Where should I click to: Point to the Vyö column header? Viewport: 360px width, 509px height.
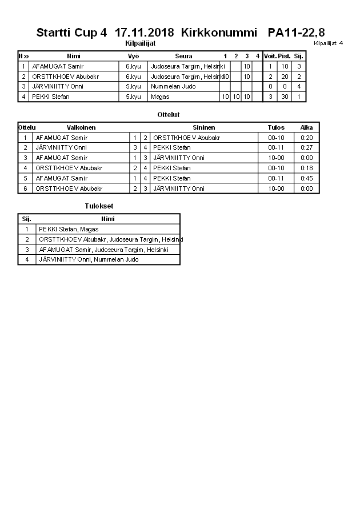pyautogui.click(x=133, y=56)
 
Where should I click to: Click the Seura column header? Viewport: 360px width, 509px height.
pyautogui.click(x=183, y=56)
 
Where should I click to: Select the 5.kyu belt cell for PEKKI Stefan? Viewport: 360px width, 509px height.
pyautogui.click(x=133, y=97)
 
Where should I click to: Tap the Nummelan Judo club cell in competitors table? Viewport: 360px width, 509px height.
pyautogui.click(x=173, y=87)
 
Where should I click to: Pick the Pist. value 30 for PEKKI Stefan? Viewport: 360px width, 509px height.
pyautogui.click(x=285, y=97)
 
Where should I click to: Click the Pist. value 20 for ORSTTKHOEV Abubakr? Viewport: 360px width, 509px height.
pyautogui.click(x=285, y=77)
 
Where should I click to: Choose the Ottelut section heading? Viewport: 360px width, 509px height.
pyautogui.click(x=169, y=115)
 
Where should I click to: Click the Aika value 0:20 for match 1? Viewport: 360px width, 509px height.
pyautogui.click(x=306, y=138)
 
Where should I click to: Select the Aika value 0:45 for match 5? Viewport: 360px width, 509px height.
pyautogui.click(x=306, y=179)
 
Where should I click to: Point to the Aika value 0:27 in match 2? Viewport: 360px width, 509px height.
pyautogui.click(x=306, y=148)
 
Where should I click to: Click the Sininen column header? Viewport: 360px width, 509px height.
pyautogui.click(x=203, y=127)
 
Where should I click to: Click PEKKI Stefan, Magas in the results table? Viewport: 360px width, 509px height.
pyautogui.click(x=69, y=229)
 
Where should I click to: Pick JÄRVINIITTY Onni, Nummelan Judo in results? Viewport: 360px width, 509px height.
pyautogui.click(x=89, y=260)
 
